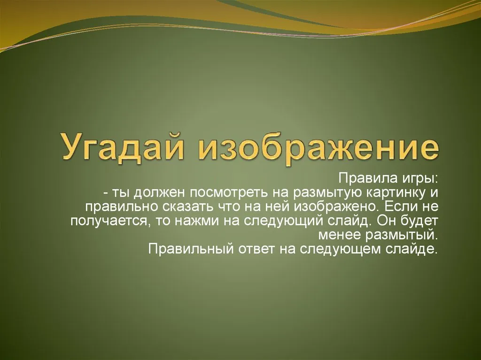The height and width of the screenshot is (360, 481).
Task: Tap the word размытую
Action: (328, 193)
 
